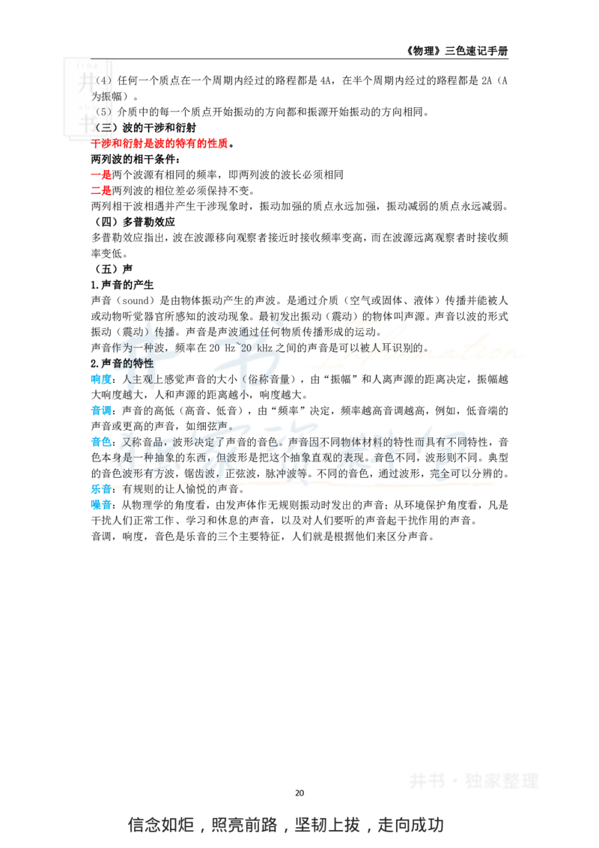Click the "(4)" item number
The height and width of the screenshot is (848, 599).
103,80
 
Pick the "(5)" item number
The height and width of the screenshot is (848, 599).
103,112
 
